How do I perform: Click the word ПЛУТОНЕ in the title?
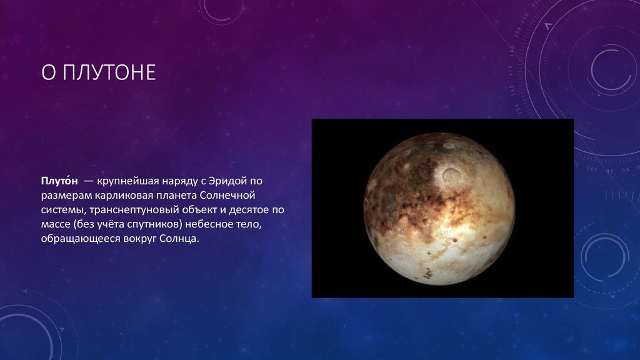[110, 72]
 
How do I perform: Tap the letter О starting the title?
[48, 72]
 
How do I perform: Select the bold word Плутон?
[59, 181]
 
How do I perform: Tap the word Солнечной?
[227, 195]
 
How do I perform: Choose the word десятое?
[249, 210]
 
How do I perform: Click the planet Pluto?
[439, 209]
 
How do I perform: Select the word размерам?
[66, 196]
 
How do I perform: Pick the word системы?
[64, 210]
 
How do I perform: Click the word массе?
[56, 224]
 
